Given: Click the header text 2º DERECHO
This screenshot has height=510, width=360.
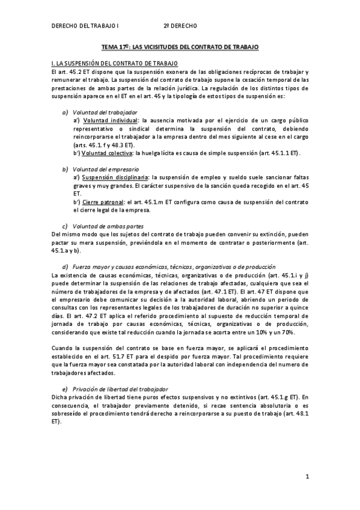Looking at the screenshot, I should (x=180, y=26).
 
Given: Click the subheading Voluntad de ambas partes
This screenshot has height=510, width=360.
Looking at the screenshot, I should (x=108, y=226).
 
